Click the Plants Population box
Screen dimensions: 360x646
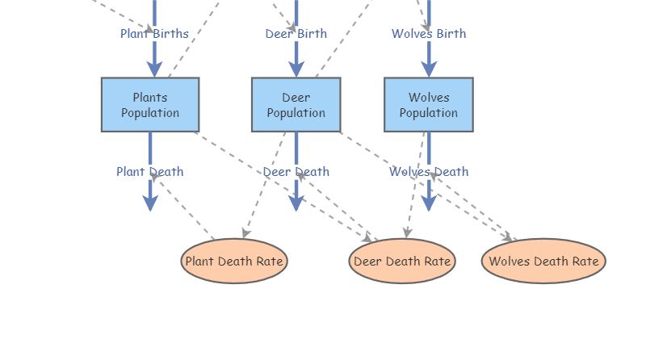click(x=150, y=105)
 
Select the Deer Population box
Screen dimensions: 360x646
click(x=296, y=105)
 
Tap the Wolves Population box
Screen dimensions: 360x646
click(x=428, y=105)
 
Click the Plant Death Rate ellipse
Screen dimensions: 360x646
click(x=234, y=262)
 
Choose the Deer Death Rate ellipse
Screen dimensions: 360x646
click(x=402, y=262)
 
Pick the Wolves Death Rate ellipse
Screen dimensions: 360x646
click(x=543, y=262)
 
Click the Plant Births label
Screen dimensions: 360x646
click(x=154, y=34)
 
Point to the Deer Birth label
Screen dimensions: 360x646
click(x=296, y=34)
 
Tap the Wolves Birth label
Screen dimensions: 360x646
click(x=429, y=34)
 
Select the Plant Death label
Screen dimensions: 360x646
click(x=149, y=172)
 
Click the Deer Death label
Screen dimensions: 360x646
click(x=296, y=172)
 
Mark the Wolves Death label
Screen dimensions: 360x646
click(x=429, y=172)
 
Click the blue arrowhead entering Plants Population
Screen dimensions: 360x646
click(x=154, y=68)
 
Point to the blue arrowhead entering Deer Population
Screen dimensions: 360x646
click(x=296, y=68)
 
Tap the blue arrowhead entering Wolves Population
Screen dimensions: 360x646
click(x=429, y=68)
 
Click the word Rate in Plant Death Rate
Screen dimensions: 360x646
click(x=269, y=262)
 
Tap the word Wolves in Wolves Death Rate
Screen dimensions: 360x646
click(x=508, y=262)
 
